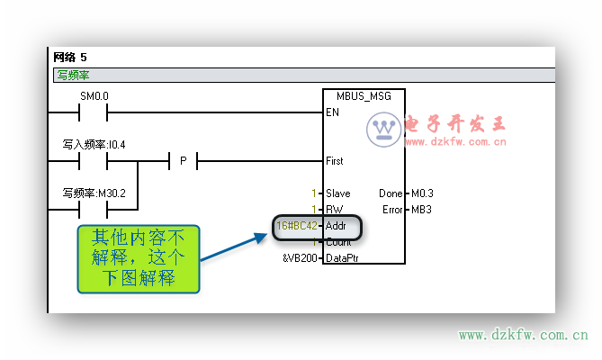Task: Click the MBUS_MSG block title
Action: click(364, 95)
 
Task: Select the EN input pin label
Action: click(331, 112)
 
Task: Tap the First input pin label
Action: click(334, 161)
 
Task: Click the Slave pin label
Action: click(338, 193)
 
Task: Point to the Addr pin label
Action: click(337, 225)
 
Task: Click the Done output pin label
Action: click(391, 193)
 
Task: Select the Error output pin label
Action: click(391, 210)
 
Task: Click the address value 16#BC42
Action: click(297, 225)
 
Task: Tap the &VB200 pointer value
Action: click(301, 258)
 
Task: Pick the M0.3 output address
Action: click(421, 193)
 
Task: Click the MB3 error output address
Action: click(419, 210)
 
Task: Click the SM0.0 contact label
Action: click(94, 95)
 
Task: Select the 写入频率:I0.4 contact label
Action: click(94, 144)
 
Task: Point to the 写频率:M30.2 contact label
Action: click(94, 193)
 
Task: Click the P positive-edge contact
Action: click(183, 161)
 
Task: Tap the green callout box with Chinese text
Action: click(138, 258)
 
